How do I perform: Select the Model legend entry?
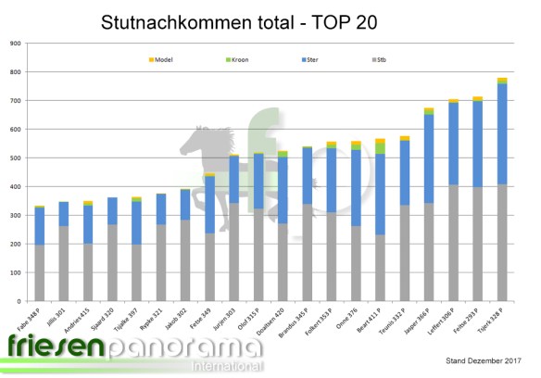[168, 59]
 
